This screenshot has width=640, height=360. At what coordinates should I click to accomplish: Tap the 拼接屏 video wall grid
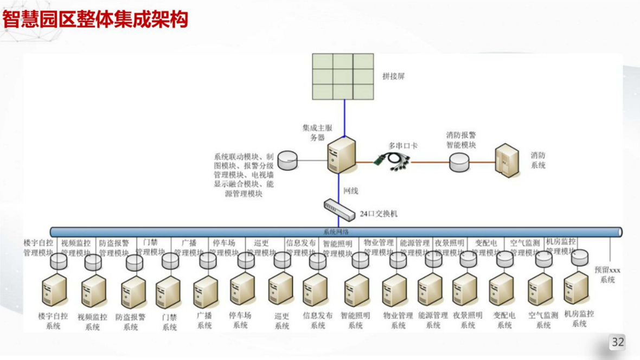[343, 76]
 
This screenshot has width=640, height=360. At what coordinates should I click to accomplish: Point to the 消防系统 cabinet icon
[507, 160]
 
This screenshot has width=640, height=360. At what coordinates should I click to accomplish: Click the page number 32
[618, 342]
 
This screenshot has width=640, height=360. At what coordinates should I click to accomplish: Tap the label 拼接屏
[393, 76]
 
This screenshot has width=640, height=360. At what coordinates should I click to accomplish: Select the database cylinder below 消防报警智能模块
[459, 162]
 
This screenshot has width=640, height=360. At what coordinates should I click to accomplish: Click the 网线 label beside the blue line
[351, 191]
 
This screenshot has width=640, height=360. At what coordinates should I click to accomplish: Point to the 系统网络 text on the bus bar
[336, 232]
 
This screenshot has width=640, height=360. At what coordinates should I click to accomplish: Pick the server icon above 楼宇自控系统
[55, 291]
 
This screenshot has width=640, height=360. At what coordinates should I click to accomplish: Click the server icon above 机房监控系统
[576, 288]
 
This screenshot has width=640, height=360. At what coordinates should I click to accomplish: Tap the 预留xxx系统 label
[607, 274]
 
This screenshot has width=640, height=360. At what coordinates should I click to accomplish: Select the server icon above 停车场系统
[242, 289]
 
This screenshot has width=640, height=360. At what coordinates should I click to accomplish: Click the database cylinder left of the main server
[287, 160]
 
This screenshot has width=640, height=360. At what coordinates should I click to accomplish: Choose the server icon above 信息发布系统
[315, 291]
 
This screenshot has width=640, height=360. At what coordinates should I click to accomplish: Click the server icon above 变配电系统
[501, 290]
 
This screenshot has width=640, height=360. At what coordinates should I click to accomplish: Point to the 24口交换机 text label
[379, 214]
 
